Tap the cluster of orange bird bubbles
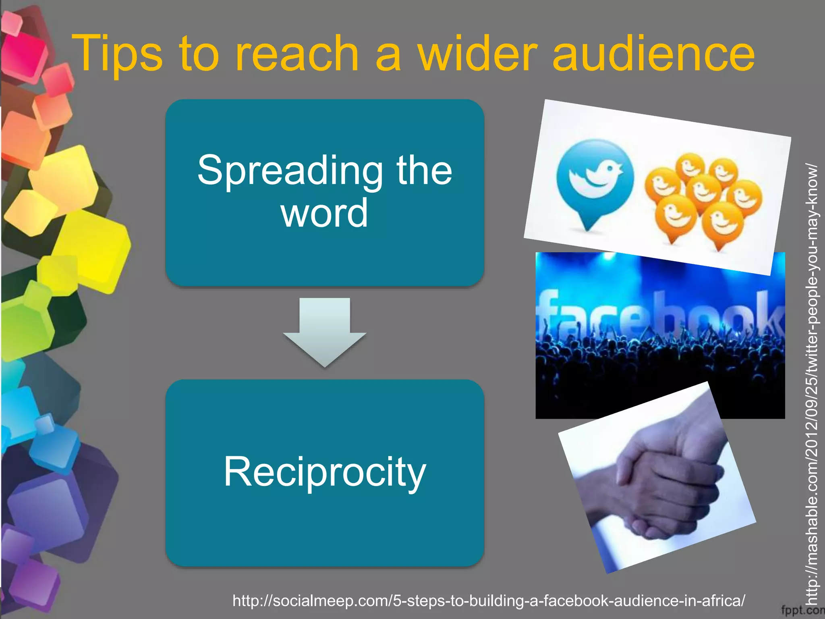pyautogui.click(x=703, y=197)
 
